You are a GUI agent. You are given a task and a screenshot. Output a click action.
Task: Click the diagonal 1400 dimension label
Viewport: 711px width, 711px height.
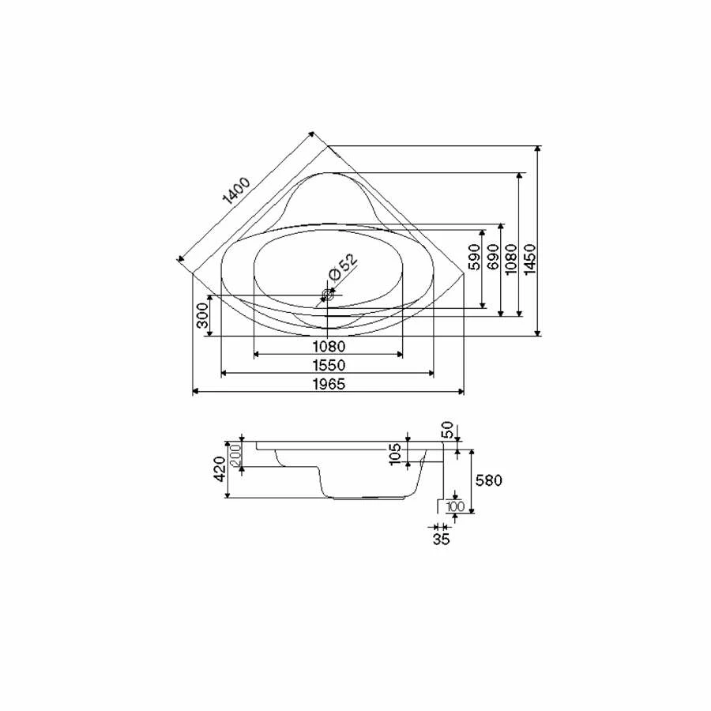237,191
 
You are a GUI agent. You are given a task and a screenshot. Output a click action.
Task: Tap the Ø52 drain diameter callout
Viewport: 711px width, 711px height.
343,268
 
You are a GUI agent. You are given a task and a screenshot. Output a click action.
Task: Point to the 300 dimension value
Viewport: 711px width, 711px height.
202,315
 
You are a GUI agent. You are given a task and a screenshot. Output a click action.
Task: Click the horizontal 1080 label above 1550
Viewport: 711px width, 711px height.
329,347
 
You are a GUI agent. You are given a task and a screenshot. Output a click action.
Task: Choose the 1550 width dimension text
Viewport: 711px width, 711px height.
329,365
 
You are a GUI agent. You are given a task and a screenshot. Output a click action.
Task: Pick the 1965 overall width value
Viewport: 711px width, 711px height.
329,384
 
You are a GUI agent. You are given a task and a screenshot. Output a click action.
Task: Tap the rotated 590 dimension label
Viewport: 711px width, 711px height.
474,257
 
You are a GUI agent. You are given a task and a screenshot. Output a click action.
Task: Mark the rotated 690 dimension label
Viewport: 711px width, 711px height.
493,257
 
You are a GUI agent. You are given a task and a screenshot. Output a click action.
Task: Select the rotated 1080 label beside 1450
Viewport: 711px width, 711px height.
511,259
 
